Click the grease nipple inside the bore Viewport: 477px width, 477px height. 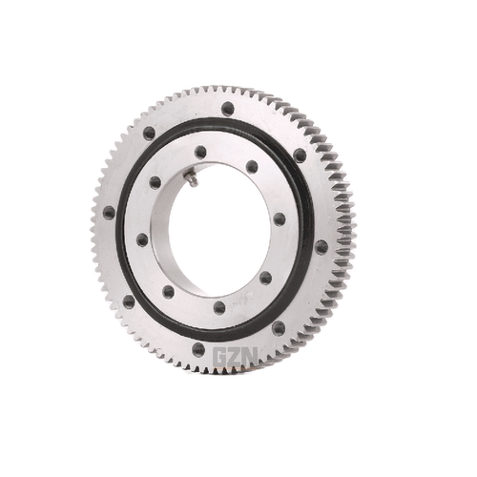coord(192,178)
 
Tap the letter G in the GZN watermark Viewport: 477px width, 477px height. coord(220,357)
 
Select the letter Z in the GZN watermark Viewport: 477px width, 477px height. coord(236,357)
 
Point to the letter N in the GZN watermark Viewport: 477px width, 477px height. coord(251,357)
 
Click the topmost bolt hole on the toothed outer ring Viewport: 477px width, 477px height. coord(228,109)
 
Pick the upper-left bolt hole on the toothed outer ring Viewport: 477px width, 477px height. coord(149,133)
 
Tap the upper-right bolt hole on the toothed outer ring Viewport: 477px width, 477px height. coord(300,155)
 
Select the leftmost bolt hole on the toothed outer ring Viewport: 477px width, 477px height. coord(109,213)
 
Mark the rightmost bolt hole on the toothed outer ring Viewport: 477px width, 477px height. coord(321,246)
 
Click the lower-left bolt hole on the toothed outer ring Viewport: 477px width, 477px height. coord(128,301)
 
